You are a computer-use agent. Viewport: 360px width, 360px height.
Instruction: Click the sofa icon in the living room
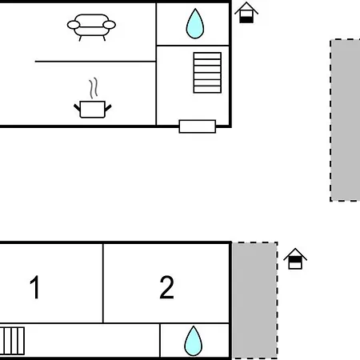click(x=91, y=27)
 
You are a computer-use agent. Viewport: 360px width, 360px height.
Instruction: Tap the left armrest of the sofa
click(x=74, y=25)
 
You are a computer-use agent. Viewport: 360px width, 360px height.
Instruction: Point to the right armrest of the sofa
click(x=109, y=25)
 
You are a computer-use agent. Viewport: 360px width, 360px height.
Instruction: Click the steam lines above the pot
click(x=94, y=88)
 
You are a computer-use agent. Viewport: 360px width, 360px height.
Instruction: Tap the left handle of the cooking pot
click(x=77, y=108)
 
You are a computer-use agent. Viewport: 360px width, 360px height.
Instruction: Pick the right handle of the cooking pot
click(x=108, y=108)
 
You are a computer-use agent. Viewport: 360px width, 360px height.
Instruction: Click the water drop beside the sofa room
click(x=195, y=24)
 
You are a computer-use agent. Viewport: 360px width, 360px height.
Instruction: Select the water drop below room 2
click(x=193, y=342)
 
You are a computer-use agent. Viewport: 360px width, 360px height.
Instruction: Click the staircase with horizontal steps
click(x=207, y=73)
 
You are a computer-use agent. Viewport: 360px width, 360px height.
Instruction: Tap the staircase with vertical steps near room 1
click(x=12, y=341)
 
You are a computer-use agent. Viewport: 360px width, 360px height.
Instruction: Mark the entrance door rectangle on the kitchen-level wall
click(x=198, y=126)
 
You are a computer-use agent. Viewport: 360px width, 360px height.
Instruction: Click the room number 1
click(x=35, y=287)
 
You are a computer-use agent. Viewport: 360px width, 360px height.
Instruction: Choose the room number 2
click(x=166, y=287)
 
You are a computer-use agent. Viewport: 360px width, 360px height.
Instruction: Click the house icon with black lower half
click(x=246, y=13)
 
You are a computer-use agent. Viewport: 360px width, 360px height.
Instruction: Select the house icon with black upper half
click(x=295, y=258)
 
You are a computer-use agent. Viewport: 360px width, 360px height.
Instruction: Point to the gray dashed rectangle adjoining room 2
click(x=255, y=300)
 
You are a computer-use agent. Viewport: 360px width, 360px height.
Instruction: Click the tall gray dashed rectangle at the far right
click(x=345, y=120)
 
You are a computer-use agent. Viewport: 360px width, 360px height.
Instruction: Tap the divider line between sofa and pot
click(x=95, y=62)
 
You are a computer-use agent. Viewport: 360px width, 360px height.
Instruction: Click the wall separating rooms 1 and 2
click(x=103, y=283)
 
